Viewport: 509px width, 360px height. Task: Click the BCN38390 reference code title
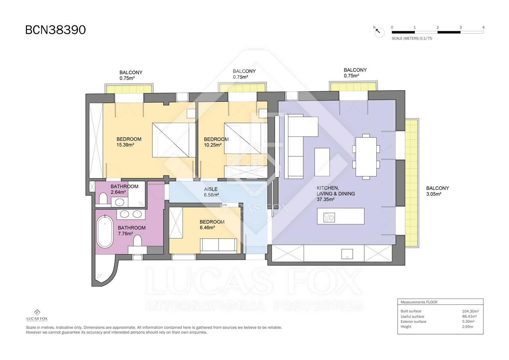click(x=55, y=30)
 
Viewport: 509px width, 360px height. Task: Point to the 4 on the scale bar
click(x=483, y=27)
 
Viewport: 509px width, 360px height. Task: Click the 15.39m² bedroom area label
click(x=125, y=145)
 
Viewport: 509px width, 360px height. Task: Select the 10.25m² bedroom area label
click(x=212, y=145)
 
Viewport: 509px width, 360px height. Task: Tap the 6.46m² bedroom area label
click(x=207, y=228)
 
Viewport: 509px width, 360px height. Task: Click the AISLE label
click(x=211, y=189)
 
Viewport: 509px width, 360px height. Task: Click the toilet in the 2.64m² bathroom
click(x=103, y=199)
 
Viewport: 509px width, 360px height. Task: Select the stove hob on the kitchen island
click(x=329, y=217)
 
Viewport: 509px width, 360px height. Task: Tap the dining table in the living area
click(x=366, y=157)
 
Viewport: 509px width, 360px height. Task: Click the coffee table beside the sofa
click(x=322, y=162)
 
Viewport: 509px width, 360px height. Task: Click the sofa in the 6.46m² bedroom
click(x=219, y=246)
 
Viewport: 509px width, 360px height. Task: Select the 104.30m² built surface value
click(x=470, y=311)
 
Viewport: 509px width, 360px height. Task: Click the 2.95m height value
click(x=468, y=327)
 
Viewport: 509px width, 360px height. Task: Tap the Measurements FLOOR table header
click(x=419, y=302)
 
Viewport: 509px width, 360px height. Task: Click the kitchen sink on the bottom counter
click(x=347, y=254)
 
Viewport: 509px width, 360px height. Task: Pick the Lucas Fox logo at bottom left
click(x=37, y=315)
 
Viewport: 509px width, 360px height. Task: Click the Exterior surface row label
click(x=413, y=321)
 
